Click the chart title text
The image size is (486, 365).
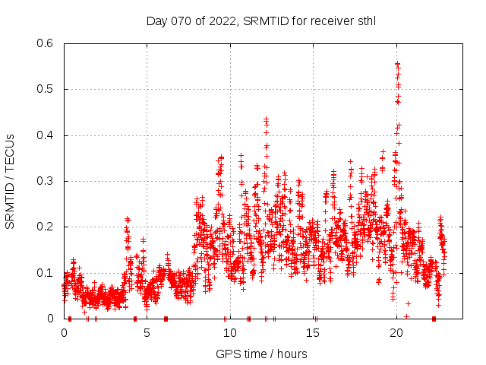[x=260, y=21]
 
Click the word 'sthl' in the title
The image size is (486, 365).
[x=365, y=21]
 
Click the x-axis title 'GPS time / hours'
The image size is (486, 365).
[x=260, y=354]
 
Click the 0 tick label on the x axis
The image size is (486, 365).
[x=64, y=333]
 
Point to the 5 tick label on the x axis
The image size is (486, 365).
[x=147, y=333]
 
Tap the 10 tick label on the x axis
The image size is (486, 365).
[x=230, y=333]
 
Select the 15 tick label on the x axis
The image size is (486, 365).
[x=313, y=333]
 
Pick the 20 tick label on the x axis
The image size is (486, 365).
[x=396, y=333]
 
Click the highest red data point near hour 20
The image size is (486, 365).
[x=397, y=64]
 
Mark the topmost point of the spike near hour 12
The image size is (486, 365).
[x=266, y=119]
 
